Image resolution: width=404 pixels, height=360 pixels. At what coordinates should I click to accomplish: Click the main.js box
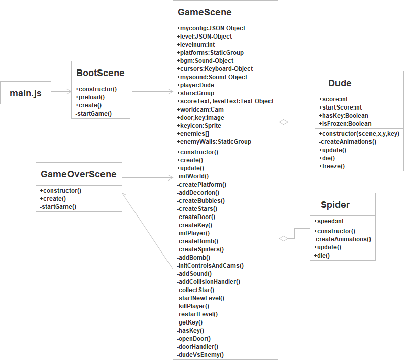[x=25, y=93]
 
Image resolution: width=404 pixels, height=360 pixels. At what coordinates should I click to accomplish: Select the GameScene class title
[x=204, y=12]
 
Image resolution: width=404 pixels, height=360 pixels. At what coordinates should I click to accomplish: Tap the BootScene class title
[x=100, y=73]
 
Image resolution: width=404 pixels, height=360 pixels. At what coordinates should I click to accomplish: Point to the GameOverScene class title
[x=78, y=174]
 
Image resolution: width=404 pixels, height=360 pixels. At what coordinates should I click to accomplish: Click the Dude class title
[x=340, y=83]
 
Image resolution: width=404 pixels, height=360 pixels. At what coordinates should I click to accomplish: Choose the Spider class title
[x=335, y=205]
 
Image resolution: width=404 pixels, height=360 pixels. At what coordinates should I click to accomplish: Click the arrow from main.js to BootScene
[x=61, y=92]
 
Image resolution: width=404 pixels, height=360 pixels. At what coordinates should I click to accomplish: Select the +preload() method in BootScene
[x=90, y=97]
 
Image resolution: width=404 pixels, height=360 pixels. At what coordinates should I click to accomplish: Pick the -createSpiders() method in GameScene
[x=200, y=249]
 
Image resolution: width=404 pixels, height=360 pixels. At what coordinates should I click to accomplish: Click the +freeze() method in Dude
[x=332, y=166]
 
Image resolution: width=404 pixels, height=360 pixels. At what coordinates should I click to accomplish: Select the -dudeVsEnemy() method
[x=200, y=355]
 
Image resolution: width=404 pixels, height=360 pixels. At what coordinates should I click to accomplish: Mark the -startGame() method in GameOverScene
[x=58, y=207]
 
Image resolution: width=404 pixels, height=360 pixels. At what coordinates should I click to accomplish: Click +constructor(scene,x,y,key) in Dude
[x=359, y=134]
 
